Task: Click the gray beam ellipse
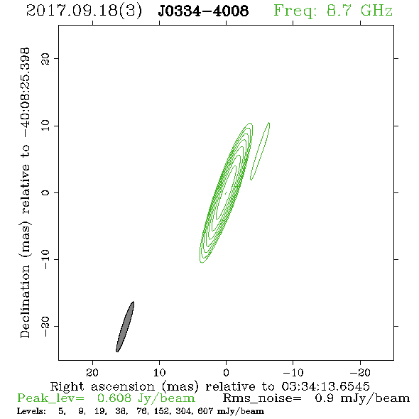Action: point(125,327)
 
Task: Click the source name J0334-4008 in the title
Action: point(203,11)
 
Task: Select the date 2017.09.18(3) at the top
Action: point(84,11)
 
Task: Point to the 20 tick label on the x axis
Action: point(92,372)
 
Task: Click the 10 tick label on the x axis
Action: point(160,372)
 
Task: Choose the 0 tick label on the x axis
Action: point(226,372)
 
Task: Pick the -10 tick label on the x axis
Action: point(293,372)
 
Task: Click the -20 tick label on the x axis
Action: point(360,372)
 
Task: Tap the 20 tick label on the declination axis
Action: point(45,58)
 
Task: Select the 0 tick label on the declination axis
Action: point(45,192)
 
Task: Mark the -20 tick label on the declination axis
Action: point(45,326)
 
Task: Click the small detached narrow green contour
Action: point(260,151)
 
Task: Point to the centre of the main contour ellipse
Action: point(226,192)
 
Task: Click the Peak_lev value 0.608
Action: point(114,398)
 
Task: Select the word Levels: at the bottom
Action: point(31,411)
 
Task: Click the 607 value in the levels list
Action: point(205,411)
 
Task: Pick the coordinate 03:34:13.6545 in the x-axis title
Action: point(325,386)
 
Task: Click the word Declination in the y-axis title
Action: point(25,302)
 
